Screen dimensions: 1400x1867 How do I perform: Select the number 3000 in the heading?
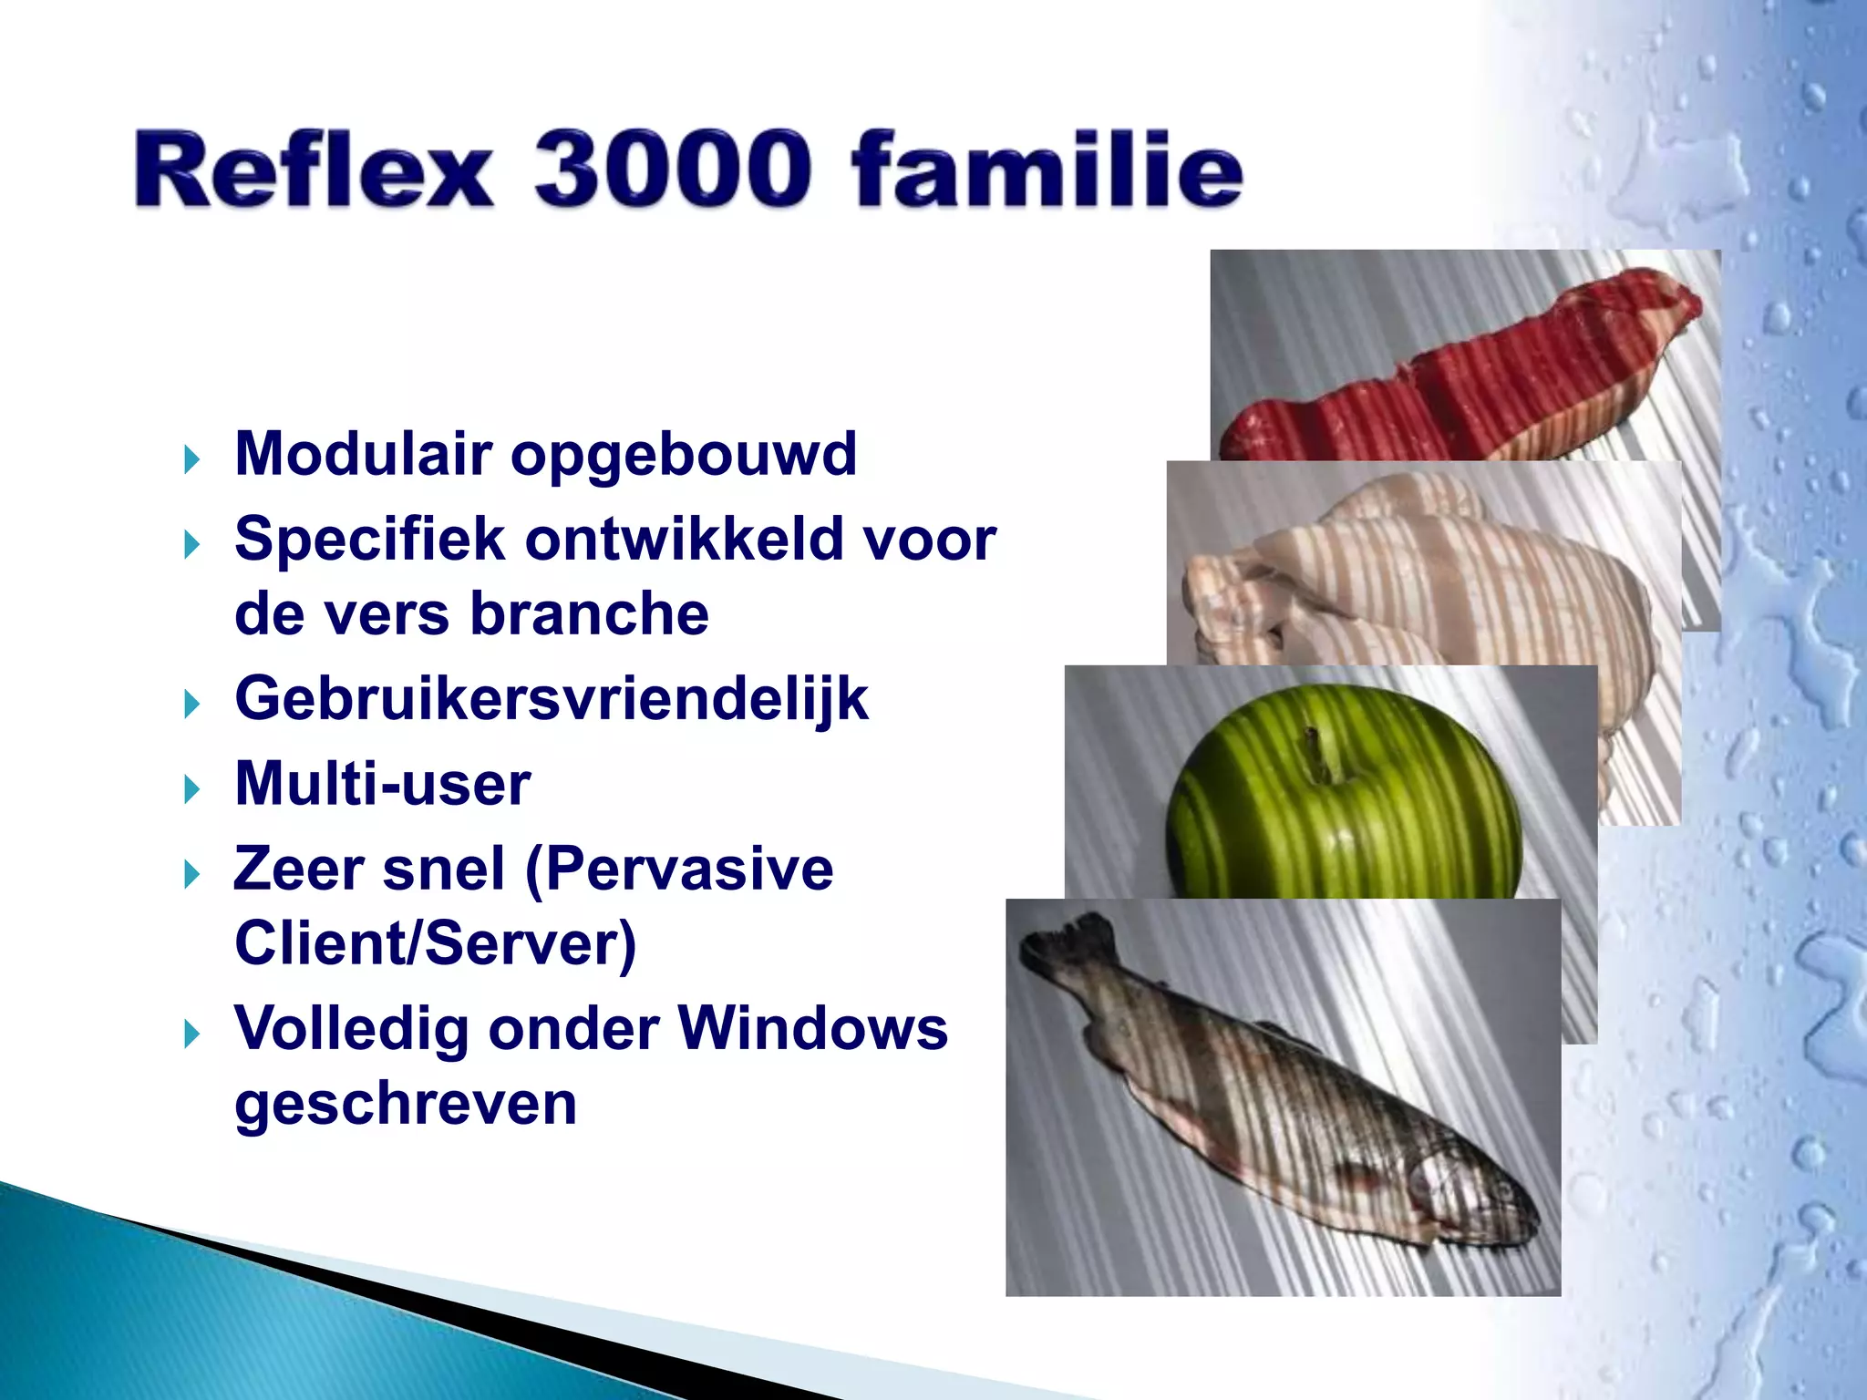coord(672,170)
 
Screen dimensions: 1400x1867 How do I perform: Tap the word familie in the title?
coord(1046,170)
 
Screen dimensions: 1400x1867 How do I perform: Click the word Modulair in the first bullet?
coord(363,453)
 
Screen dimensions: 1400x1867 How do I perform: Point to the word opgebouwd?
coord(684,455)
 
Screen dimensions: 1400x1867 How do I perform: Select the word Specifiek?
coord(369,539)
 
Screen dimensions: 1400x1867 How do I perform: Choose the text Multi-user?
coord(382,784)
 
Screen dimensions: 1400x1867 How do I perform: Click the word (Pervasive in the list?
coord(679,869)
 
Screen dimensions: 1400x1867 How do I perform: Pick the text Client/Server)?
coord(435,943)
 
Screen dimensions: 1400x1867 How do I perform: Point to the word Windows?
coord(812,1028)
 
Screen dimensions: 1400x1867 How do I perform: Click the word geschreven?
coord(406,1105)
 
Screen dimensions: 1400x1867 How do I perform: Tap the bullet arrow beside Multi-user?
coord(191,788)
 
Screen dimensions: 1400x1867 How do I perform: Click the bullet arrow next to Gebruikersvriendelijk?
coord(191,704)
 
